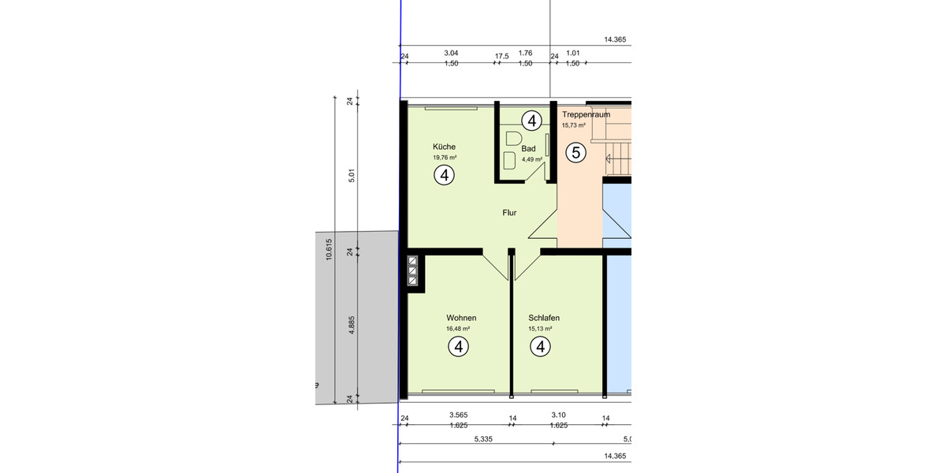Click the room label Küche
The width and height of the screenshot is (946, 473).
pyautogui.click(x=444, y=147)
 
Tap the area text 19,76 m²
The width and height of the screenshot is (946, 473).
pyautogui.click(x=444, y=158)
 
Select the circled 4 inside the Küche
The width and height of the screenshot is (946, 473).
pyautogui.click(x=445, y=176)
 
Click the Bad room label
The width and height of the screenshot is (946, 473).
pyautogui.click(x=528, y=148)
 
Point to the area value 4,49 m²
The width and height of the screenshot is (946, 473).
pyautogui.click(x=531, y=159)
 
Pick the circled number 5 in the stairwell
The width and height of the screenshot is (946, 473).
pyautogui.click(x=576, y=153)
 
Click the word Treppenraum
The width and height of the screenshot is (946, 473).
pyautogui.click(x=586, y=114)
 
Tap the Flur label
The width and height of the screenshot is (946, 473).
pyautogui.click(x=510, y=213)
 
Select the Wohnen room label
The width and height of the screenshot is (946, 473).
pyautogui.click(x=461, y=318)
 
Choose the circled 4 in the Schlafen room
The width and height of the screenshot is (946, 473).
pyautogui.click(x=540, y=346)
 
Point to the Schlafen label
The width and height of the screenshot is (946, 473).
pyautogui.click(x=544, y=318)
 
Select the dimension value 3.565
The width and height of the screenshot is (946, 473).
pyautogui.click(x=458, y=415)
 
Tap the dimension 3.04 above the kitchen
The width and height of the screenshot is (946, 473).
pyautogui.click(x=451, y=53)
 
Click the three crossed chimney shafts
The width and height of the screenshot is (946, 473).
pyautogui.click(x=412, y=271)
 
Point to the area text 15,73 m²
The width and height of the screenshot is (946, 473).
pyautogui.click(x=573, y=125)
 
